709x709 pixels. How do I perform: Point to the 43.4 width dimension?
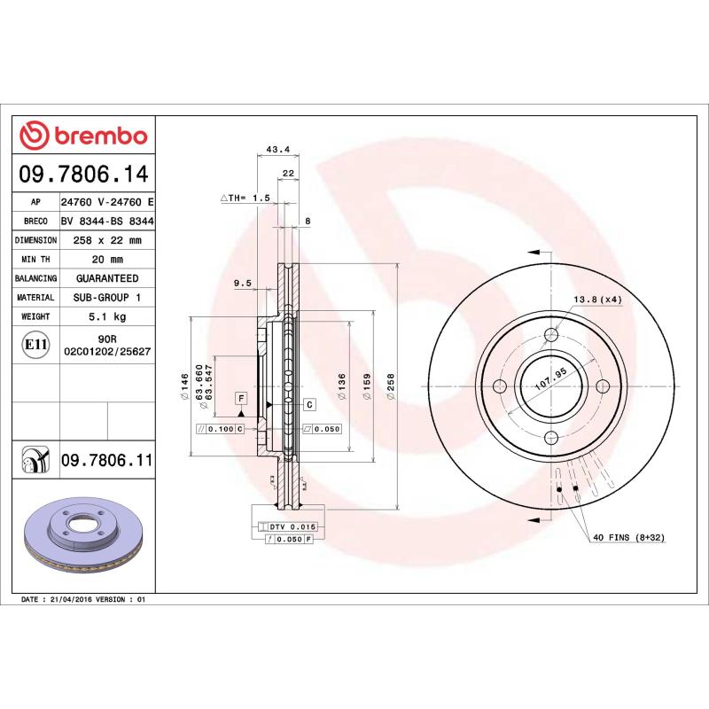278,148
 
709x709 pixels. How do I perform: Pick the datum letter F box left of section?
240,399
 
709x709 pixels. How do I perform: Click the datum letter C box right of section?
309,405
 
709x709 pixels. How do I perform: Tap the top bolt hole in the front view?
551,334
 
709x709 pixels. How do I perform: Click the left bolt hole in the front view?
499,386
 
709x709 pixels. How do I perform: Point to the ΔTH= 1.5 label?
245,198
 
